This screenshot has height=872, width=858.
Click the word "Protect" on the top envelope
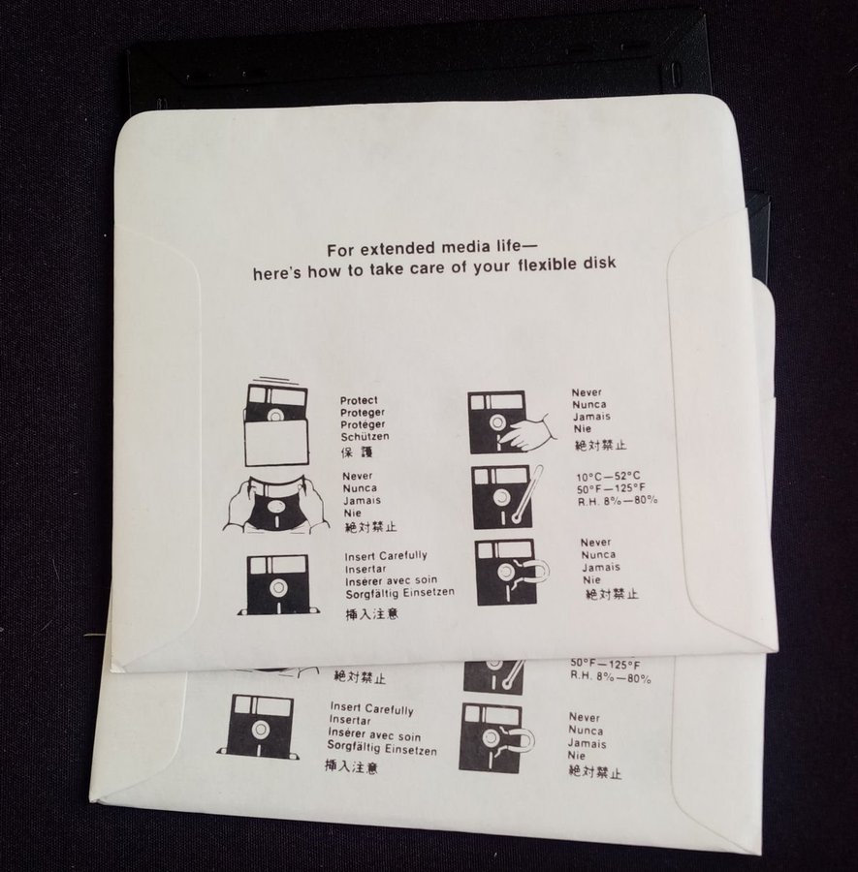click(x=359, y=400)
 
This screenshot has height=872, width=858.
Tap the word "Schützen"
click(x=365, y=437)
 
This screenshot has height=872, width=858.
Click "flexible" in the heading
click(x=550, y=265)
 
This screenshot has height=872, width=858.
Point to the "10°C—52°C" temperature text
click(x=608, y=476)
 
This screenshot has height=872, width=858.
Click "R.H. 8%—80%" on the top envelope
click(x=618, y=501)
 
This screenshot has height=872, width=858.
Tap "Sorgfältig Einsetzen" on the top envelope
click(x=399, y=593)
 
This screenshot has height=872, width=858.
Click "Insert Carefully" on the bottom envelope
click(x=371, y=708)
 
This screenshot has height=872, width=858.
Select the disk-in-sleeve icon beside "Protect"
click(x=276, y=423)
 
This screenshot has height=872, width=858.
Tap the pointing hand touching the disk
click(x=524, y=429)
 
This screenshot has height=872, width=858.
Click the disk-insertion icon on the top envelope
click(x=278, y=585)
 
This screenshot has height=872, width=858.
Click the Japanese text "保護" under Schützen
click(x=357, y=452)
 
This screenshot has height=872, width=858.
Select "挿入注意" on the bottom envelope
click(x=352, y=767)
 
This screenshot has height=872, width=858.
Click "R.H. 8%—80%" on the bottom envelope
click(x=611, y=677)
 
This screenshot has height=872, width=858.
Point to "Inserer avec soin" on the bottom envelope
click(x=374, y=735)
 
